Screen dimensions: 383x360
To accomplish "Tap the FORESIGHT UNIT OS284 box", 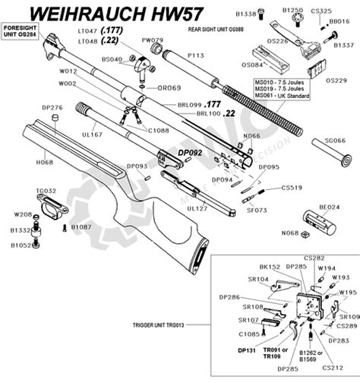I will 21,31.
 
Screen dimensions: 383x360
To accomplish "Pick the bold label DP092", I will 190,153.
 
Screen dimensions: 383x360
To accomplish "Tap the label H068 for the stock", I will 43,162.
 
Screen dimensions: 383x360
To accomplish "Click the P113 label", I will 195,55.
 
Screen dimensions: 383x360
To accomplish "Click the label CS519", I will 292,187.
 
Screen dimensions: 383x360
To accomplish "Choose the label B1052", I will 20,245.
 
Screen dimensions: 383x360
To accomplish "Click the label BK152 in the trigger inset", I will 270,267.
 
